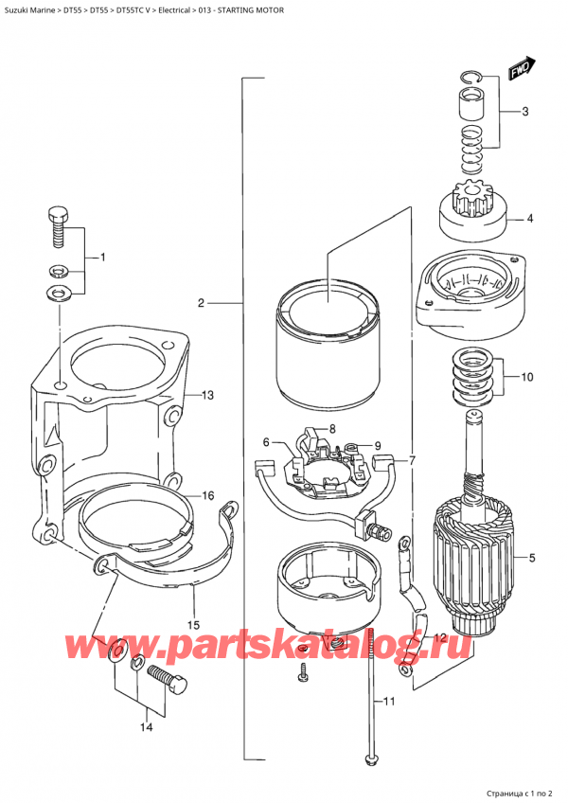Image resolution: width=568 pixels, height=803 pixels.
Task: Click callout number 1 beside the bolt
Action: pos(102,258)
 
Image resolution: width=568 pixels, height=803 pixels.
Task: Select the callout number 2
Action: pos(201,303)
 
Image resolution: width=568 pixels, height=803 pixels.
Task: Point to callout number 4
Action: pos(529,219)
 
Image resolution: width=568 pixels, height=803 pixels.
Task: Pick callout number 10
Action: pos(527,376)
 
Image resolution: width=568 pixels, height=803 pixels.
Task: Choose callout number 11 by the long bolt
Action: pos(389,702)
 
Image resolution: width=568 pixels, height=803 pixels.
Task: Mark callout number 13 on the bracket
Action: pos(208,395)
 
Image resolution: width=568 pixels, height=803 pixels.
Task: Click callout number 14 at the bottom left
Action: pos(145,727)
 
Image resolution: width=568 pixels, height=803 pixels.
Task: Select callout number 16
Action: pos(207,495)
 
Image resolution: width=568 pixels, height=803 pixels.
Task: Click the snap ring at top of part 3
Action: pos(471,78)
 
